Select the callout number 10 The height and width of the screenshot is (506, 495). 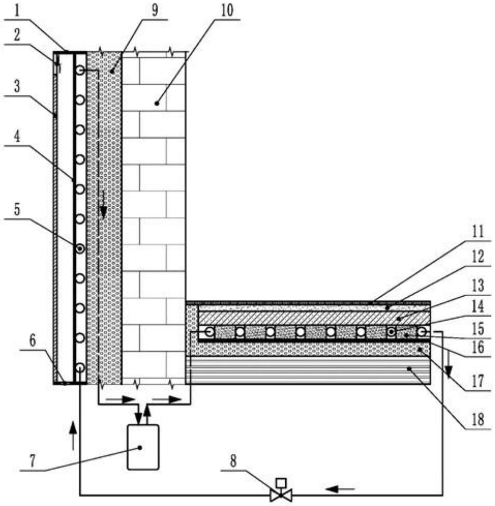coord(227,11)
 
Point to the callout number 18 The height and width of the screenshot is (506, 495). coord(478,419)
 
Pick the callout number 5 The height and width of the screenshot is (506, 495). coord(17,209)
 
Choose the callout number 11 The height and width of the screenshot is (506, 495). coord(477,232)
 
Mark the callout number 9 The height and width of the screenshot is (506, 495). coord(155,10)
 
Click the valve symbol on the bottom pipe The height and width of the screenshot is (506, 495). coord(281,495)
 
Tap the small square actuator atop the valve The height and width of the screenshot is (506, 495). coord(281,483)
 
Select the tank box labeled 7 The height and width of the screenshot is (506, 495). coord(143,447)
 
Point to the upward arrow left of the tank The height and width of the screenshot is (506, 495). coord(73,436)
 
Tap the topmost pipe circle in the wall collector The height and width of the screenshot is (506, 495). coord(80,70)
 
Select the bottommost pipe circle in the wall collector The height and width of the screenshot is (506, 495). coord(80,368)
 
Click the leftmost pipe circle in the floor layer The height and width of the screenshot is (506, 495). coord(209,332)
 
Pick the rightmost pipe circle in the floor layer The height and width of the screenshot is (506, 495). coord(422,332)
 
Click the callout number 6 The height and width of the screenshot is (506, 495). coord(32,341)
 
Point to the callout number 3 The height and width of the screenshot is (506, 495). coord(17,86)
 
